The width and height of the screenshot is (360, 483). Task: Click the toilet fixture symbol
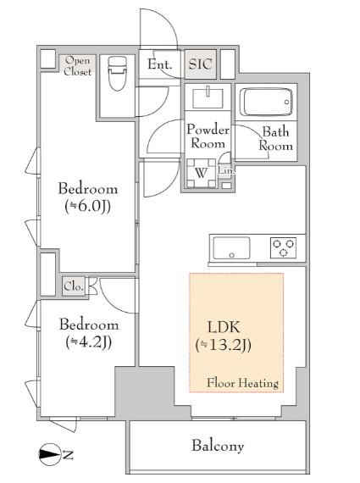118,74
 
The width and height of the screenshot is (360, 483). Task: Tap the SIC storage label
200,64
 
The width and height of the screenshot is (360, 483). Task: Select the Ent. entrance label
159,64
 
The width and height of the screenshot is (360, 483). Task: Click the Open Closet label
78,66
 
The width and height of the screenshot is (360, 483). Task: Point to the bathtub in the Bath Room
266,102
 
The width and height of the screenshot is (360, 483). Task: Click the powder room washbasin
208,98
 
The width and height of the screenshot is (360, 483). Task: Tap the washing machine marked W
202,173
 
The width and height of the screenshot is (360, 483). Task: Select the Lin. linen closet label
226,170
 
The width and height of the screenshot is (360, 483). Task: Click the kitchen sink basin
231,248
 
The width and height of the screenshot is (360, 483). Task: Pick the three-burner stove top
283,247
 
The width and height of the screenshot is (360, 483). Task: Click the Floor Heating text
242,383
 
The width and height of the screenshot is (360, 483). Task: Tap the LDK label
224,327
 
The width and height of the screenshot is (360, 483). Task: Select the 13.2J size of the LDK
224,345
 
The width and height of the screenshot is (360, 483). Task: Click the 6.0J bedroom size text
88,206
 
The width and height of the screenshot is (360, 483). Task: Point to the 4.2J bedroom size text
89,342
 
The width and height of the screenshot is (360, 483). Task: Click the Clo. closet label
74,286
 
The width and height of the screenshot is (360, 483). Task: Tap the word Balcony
218,447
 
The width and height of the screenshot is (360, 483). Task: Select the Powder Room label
208,136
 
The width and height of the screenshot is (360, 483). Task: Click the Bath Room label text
276,139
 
